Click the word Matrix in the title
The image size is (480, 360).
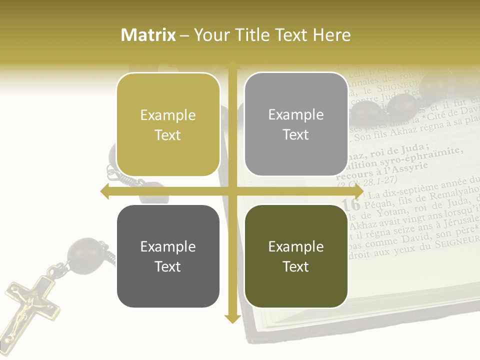[x=148, y=35]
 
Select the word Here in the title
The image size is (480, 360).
[x=331, y=35]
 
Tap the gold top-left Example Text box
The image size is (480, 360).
[x=168, y=124]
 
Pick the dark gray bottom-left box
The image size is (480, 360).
[x=168, y=256]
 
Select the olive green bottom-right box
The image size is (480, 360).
[x=296, y=256]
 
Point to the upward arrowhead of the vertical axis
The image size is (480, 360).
[x=232, y=66]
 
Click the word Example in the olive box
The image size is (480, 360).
[x=296, y=246]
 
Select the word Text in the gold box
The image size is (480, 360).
[x=168, y=135]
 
